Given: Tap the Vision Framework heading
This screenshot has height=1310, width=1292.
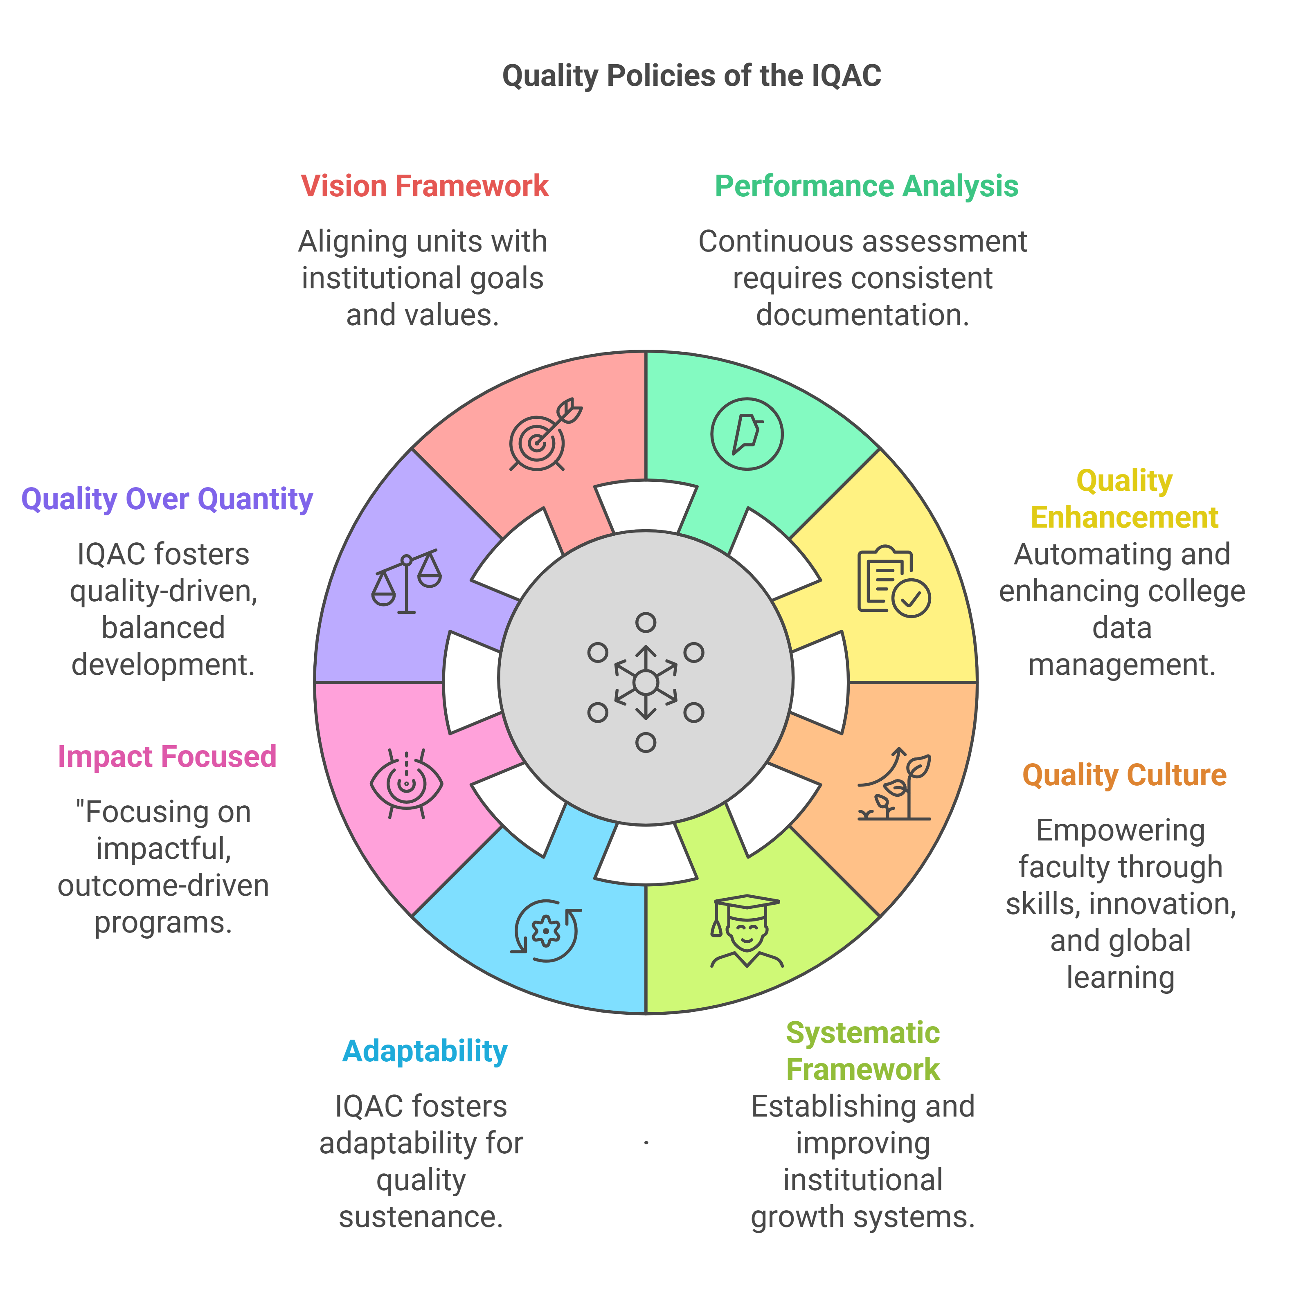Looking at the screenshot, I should [425, 186].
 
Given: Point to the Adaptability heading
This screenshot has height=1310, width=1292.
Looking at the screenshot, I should [425, 1051].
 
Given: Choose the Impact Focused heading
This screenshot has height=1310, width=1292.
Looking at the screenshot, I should [167, 756].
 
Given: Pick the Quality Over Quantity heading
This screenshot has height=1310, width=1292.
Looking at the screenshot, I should [167, 499].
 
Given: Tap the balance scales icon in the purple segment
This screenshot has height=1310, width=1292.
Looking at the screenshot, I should [406, 582].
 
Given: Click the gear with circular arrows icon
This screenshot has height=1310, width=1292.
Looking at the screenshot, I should [546, 930].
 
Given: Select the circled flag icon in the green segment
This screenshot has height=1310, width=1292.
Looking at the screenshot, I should [747, 434].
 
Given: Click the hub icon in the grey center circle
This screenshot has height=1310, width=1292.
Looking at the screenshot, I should [646, 682].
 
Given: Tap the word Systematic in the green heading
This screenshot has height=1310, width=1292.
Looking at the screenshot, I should [862, 1033].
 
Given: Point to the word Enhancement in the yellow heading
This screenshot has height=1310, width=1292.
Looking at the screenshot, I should [1124, 517].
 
